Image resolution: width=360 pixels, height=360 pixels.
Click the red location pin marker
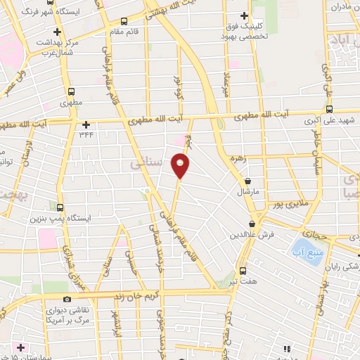click(181, 165)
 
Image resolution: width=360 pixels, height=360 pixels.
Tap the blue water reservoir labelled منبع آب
click(307, 251)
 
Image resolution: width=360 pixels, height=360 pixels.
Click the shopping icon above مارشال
click(247, 181)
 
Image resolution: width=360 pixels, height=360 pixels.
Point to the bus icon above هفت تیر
click(243, 271)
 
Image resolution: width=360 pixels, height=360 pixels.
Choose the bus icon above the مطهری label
click(71, 91)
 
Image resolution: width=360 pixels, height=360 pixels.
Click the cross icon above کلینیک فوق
click(245, 15)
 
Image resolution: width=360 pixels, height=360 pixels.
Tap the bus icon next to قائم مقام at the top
click(124, 21)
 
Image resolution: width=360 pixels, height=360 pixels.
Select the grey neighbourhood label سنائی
click(146, 164)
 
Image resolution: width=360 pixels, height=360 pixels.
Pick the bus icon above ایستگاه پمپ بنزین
click(60, 208)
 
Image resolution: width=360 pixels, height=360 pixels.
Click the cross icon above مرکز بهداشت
click(56, 32)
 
